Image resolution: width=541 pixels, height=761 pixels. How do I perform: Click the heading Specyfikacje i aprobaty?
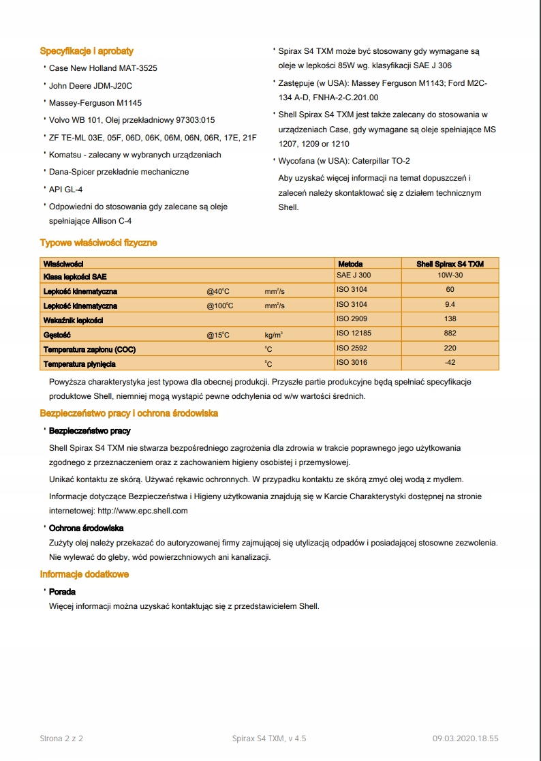(x=87, y=51)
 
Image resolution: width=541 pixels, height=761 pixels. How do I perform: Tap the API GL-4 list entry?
(x=66, y=190)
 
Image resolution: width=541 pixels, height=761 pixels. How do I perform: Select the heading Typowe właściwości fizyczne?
(x=99, y=243)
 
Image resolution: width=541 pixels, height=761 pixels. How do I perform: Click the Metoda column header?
(x=350, y=264)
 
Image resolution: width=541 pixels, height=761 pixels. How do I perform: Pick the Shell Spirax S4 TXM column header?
(x=450, y=264)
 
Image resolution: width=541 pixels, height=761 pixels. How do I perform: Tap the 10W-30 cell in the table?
(x=450, y=275)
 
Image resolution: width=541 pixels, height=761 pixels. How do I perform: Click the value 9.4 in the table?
(x=450, y=305)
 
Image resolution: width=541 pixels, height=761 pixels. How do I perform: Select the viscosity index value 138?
(x=450, y=319)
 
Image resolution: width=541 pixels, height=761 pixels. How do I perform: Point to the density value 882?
(x=450, y=334)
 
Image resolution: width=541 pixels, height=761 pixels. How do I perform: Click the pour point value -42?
(x=450, y=363)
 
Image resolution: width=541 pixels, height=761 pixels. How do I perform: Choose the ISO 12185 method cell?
(x=354, y=334)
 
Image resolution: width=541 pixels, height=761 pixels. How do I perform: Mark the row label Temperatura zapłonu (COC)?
(x=89, y=349)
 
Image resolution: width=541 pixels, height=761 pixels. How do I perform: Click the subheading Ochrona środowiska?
(x=86, y=528)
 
